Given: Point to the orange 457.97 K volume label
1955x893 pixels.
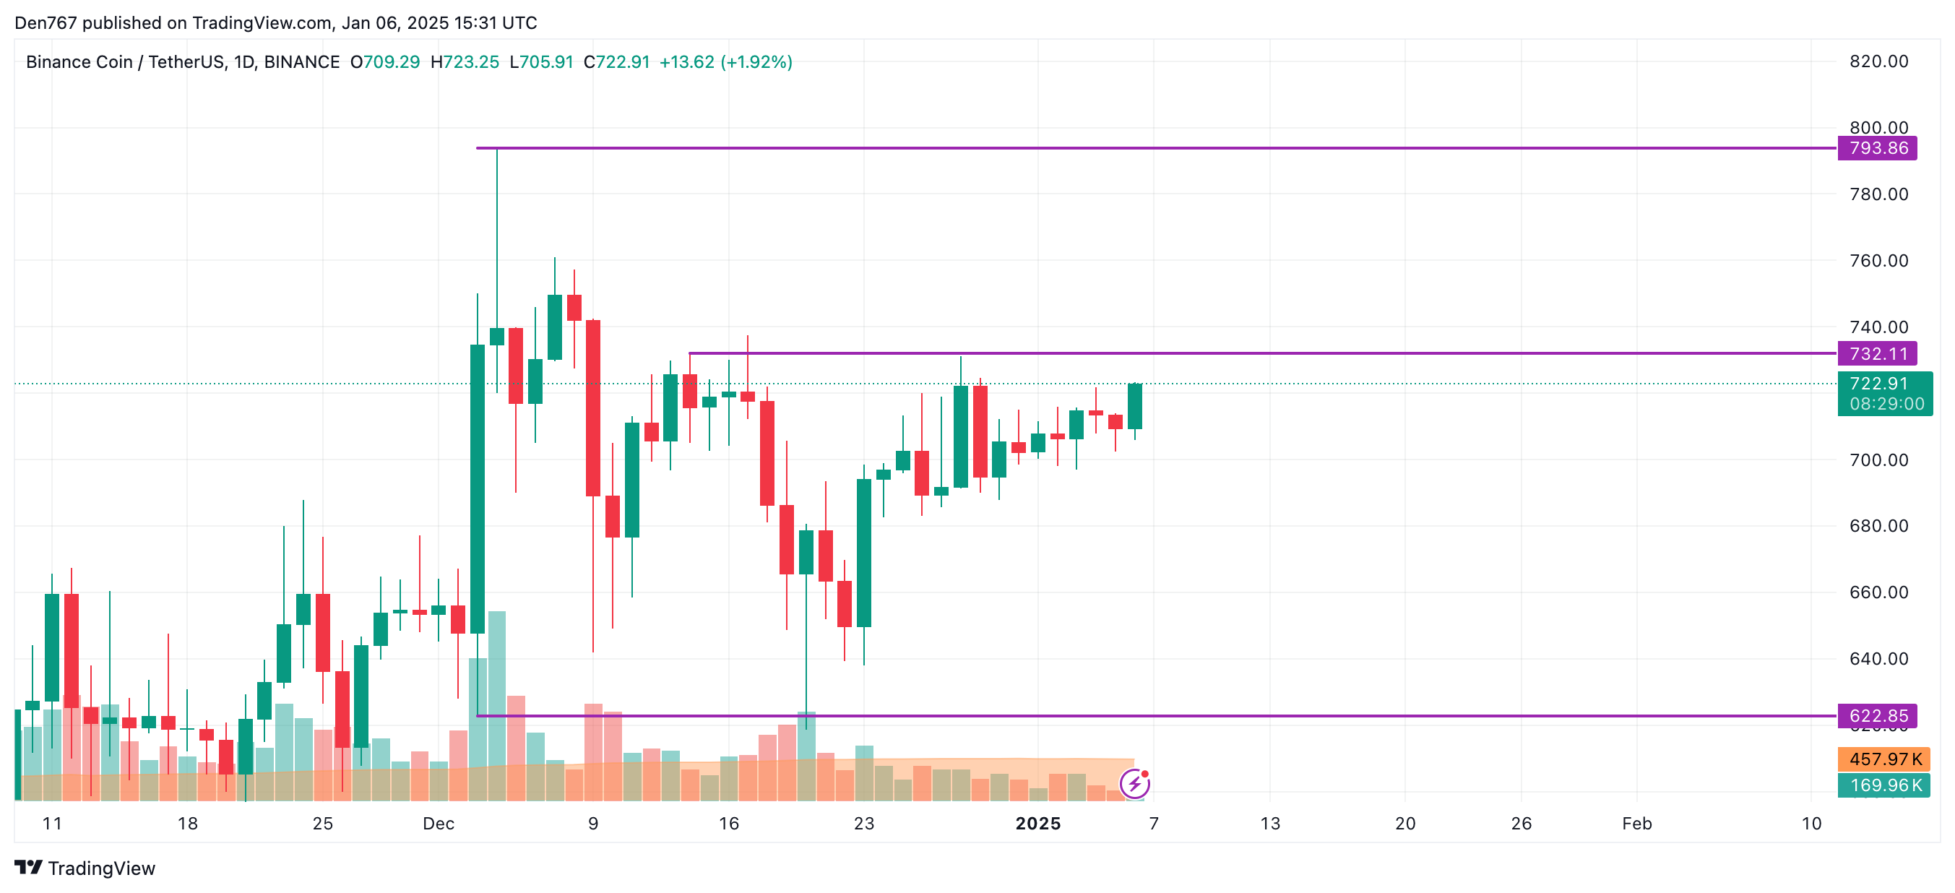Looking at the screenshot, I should tap(1883, 759).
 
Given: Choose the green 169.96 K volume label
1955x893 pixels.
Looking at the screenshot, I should tap(1883, 785).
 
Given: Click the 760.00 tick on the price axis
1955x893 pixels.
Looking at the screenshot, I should tap(1878, 261).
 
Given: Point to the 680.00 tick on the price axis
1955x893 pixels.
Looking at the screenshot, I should tap(1878, 526).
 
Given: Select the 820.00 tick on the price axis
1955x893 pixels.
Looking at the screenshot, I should tap(1878, 61).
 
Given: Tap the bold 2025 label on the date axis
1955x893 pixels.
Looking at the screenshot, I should tap(1037, 824).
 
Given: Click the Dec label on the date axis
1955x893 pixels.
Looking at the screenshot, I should tap(439, 824).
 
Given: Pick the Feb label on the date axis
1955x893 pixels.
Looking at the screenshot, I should tap(1636, 824).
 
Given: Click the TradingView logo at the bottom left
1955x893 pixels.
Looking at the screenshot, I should tap(85, 868).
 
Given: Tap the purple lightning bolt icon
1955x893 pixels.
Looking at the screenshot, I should tap(1134, 783).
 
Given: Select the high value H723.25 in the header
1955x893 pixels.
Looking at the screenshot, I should tap(465, 62).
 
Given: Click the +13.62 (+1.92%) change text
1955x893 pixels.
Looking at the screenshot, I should tap(725, 62).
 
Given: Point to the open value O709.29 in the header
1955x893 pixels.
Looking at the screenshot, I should tap(385, 62).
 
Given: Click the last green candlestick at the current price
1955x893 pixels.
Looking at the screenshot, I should tap(1134, 407).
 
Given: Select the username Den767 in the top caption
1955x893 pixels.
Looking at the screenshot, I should tap(46, 23).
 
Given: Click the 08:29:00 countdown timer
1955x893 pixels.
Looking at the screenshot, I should tap(1886, 404).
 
